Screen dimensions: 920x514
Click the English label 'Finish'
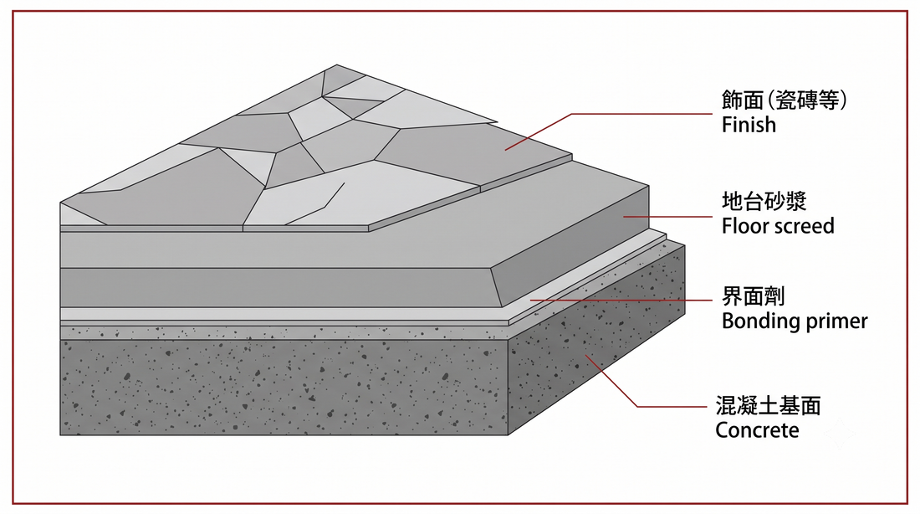[749, 125]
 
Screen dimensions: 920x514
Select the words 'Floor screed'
[778, 225]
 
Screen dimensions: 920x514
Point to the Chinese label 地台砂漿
[764, 201]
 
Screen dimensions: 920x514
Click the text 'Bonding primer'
[795, 321]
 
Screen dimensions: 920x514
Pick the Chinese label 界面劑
[754, 296]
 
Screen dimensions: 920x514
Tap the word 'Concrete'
[757, 430]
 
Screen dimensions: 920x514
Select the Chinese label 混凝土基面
[768, 405]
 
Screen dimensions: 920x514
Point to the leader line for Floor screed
[667, 217]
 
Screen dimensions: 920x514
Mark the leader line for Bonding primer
[621, 301]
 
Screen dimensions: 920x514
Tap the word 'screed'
[805, 225]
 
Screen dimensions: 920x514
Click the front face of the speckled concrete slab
[284, 387]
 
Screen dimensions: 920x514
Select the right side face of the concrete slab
[596, 340]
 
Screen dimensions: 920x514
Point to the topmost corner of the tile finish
[337, 64]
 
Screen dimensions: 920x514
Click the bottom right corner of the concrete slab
[509, 435]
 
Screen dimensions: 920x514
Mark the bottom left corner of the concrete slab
[60, 435]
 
